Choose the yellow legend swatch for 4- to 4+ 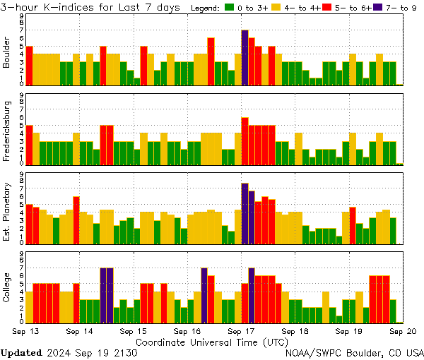[277, 8]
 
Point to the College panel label [7, 288]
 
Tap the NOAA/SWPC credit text [354, 352]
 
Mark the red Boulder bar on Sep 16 [211, 61]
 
